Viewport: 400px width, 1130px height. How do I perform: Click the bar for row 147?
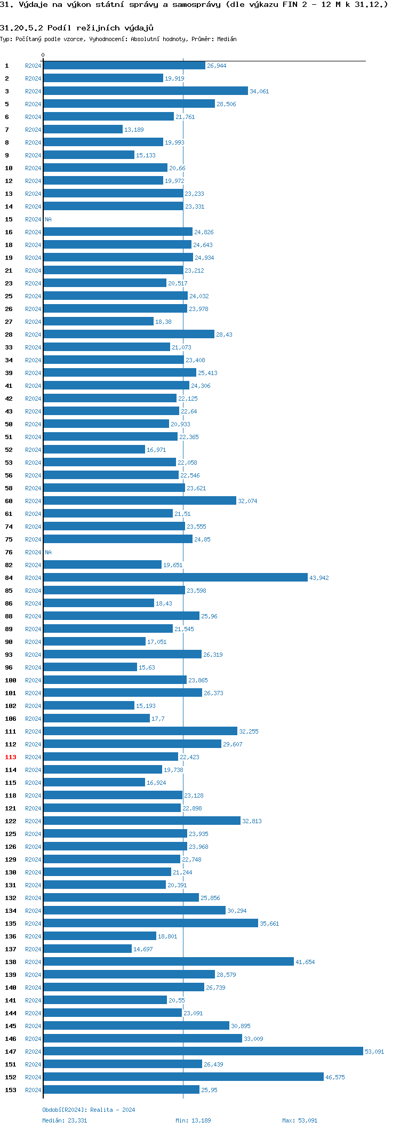(203, 1051)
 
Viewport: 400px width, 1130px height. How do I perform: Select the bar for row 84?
(175, 577)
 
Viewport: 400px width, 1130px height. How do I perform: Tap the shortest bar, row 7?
(83, 129)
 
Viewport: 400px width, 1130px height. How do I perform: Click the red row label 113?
(11, 757)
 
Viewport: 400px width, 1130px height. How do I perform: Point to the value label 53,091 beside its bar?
(374, 1052)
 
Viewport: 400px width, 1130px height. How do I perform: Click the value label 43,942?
(319, 578)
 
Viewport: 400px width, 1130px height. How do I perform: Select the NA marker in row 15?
(48, 219)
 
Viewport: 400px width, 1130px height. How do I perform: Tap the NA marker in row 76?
(48, 552)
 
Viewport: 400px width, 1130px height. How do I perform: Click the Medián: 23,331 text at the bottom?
(65, 1120)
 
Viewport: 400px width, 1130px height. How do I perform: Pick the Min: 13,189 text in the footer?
(193, 1120)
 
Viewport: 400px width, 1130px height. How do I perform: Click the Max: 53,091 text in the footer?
(300, 1120)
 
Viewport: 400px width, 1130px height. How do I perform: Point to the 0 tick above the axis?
(43, 55)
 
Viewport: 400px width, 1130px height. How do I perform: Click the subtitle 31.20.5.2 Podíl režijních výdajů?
(77, 28)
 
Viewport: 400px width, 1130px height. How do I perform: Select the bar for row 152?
(183, 1077)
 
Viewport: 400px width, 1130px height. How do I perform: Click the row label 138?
(11, 962)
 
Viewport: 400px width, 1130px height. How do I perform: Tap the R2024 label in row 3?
(33, 91)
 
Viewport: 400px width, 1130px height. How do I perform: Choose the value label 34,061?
(259, 91)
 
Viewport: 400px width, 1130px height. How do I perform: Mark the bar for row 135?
(150, 923)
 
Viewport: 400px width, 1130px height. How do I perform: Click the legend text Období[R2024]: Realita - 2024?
(89, 1110)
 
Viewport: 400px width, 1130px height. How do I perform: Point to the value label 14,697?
(143, 949)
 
